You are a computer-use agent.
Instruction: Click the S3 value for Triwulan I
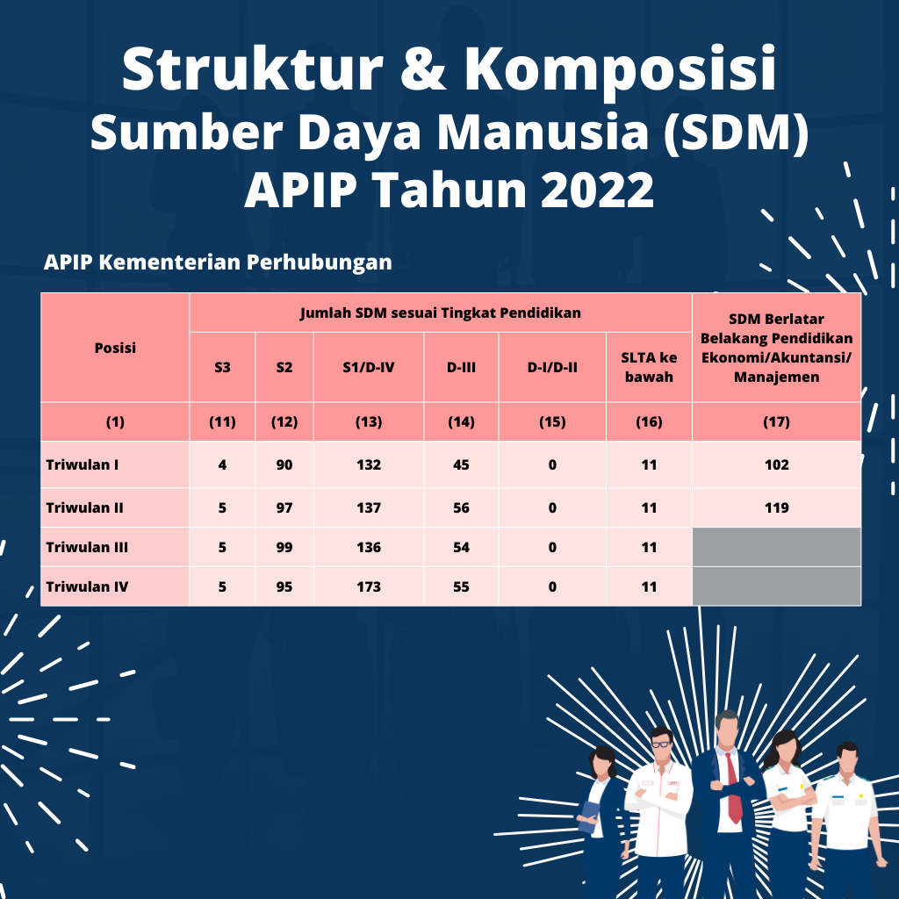pos(222,464)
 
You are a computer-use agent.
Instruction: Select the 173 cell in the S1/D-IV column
pos(369,586)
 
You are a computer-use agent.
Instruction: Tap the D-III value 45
pos(461,464)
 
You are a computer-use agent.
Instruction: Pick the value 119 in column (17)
pos(776,507)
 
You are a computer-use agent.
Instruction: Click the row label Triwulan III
pos(87,547)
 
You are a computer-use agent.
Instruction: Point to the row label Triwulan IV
pos(87,586)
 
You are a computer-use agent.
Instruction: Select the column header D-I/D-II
pos(552,367)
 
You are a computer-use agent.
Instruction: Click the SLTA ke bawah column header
pos(649,367)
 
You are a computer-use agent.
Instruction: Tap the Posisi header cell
pos(115,348)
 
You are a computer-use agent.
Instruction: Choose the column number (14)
pos(461,422)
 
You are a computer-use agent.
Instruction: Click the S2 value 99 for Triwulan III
pos(284,547)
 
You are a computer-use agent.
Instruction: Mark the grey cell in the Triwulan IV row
pos(776,586)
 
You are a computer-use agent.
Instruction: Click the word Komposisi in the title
pos(621,68)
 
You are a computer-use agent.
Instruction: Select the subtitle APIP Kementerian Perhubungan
pos(218,262)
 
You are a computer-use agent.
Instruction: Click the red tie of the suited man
pos(733,787)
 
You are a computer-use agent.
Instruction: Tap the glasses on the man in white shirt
pos(662,744)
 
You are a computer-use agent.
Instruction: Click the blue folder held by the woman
pos(588,816)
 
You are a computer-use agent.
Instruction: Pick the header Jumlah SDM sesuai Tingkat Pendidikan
pos(441,313)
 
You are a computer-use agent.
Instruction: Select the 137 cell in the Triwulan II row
pos(369,507)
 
